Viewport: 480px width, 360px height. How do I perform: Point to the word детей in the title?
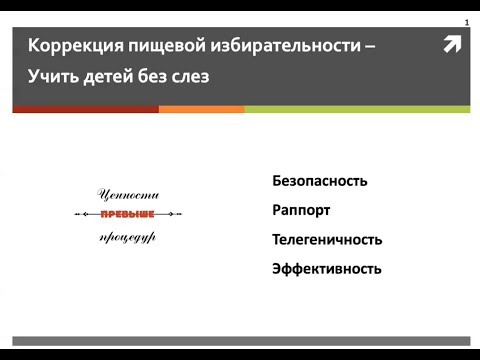(111, 75)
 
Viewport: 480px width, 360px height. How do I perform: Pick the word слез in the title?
(187, 75)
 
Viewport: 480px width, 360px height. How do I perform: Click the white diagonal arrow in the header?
(452, 44)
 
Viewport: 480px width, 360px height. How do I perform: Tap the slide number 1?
(466, 22)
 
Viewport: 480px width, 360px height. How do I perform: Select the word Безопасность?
(320, 181)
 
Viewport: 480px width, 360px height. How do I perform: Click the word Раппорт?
(301, 211)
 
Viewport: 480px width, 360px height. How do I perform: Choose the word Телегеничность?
(327, 240)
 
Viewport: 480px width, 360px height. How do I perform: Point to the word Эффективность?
(326, 269)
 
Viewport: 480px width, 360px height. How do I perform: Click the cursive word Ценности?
(128, 194)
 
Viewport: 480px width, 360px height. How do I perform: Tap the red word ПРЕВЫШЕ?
(128, 215)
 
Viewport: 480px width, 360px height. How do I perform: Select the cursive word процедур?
(128, 237)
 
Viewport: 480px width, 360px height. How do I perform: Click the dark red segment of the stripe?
(85, 109)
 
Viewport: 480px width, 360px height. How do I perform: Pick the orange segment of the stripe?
(201, 109)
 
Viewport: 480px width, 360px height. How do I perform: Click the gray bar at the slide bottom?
(240, 341)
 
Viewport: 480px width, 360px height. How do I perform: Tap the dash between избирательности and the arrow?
(372, 47)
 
